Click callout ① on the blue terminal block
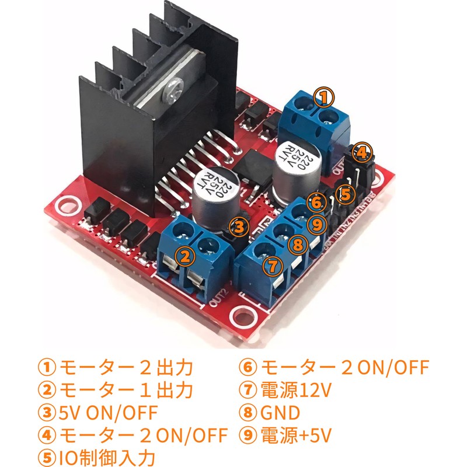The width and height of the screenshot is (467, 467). pos(324,96)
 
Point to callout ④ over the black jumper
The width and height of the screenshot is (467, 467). pos(362,153)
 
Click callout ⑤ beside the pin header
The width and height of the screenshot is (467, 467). pos(345,193)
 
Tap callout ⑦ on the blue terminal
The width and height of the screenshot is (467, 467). pos(271,266)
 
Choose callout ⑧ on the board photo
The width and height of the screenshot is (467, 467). pos(298,244)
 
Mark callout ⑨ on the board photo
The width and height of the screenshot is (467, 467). pos(316,222)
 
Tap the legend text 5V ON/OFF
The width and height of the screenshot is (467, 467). pos(108,413)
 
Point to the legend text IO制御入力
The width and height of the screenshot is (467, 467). pos(108,456)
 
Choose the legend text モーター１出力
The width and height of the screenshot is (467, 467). pos(126,389)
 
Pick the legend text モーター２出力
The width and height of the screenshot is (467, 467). pos(126,368)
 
